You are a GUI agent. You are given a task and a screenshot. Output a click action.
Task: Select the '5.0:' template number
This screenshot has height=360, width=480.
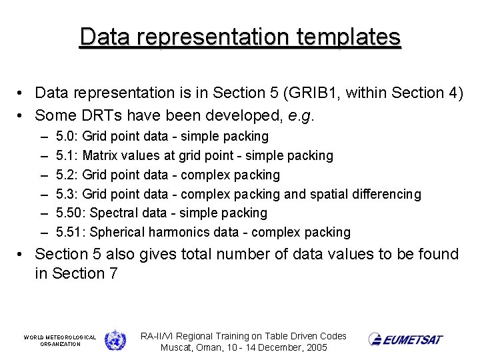pyautogui.click(x=67, y=137)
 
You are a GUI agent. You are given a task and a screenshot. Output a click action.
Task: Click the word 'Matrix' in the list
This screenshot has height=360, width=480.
pyautogui.click(x=102, y=155)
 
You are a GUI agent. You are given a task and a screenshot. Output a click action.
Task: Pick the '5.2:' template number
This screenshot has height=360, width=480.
pyautogui.click(x=67, y=175)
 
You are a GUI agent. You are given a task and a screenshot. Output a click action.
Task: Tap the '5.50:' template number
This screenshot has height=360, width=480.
pyautogui.click(x=70, y=213)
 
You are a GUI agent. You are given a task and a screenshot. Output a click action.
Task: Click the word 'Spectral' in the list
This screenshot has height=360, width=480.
pyautogui.click(x=112, y=213)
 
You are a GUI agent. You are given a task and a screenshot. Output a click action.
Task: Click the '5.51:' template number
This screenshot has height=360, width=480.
pyautogui.click(x=70, y=232)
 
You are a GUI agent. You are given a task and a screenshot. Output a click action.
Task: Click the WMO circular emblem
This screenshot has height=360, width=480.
pyautogui.click(x=115, y=340)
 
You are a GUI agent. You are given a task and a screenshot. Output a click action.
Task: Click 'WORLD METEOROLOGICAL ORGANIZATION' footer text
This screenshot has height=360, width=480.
pyautogui.click(x=60, y=341)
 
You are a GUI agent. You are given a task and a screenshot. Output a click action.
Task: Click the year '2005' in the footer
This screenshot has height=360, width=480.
pyautogui.click(x=315, y=348)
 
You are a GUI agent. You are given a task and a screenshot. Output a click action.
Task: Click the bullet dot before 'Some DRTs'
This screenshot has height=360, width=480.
pyautogui.click(x=22, y=115)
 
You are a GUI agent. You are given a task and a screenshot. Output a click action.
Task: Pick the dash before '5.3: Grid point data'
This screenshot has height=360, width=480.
pyautogui.click(x=43, y=194)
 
